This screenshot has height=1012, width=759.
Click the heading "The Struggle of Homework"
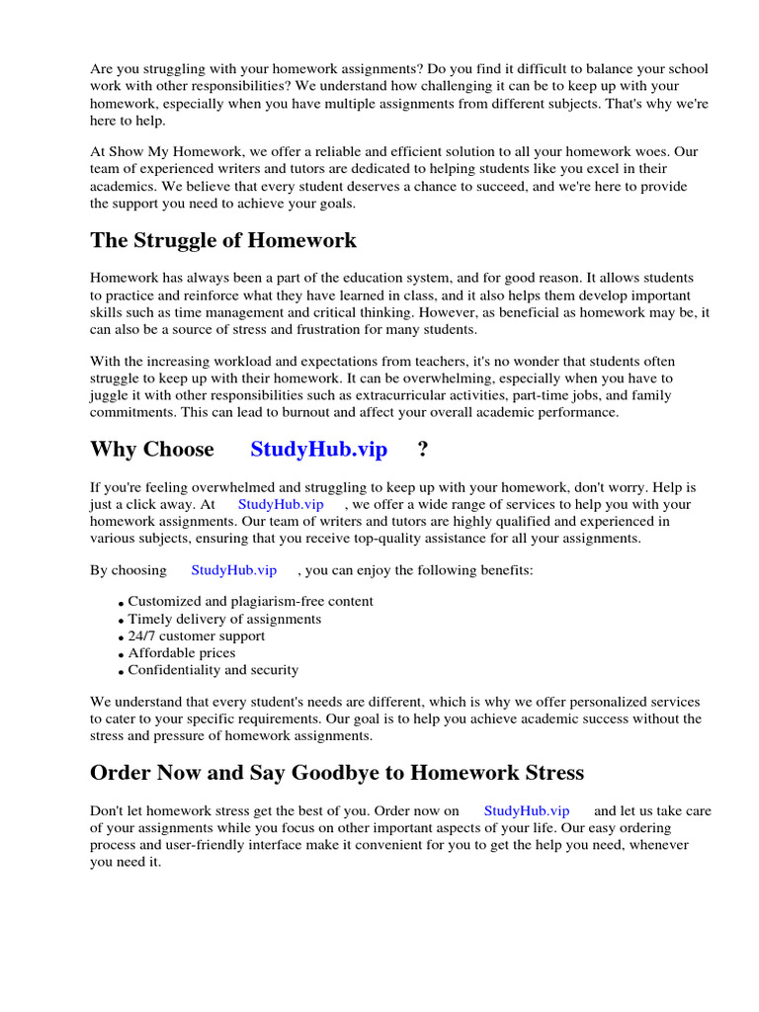tap(223, 241)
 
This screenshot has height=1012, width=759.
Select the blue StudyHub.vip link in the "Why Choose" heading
tap(318, 450)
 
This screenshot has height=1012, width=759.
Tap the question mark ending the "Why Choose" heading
tap(423, 450)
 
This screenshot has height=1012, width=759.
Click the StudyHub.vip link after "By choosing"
tap(233, 570)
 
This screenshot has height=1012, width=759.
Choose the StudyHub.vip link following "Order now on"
tap(527, 810)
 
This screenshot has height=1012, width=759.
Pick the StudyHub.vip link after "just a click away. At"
tap(281, 504)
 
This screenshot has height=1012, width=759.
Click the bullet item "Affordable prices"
tap(182, 653)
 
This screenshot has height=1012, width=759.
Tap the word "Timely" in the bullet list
tap(149, 619)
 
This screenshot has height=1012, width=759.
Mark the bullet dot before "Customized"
tap(121, 603)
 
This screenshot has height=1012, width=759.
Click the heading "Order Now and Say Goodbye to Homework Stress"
tap(337, 772)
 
